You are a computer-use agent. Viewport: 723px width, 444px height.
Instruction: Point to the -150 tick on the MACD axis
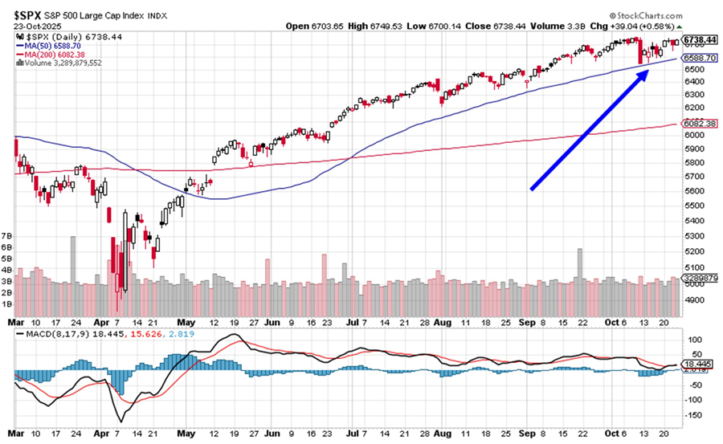692,416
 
